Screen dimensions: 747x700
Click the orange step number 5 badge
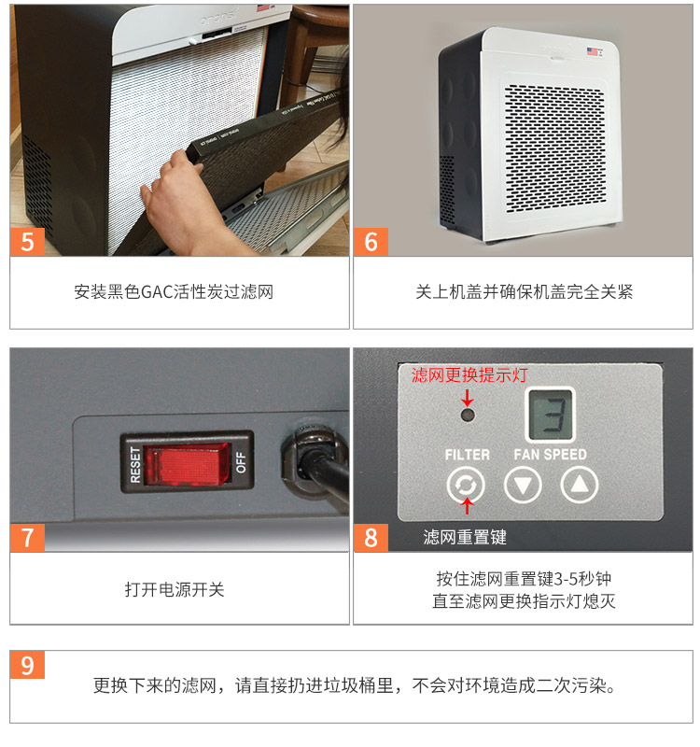point(27,241)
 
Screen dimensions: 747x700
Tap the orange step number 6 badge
point(371,241)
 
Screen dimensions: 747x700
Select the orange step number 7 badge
point(27,538)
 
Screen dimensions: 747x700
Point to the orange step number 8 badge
point(371,538)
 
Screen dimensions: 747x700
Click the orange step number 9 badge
point(27,666)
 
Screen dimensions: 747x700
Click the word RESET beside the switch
point(134,461)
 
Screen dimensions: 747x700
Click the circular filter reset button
point(465,485)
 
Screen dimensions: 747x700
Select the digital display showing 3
point(550,413)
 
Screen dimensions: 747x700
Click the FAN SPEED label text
point(551,455)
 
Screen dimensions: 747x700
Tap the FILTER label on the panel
point(467,455)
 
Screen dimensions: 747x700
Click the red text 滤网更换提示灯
point(469,375)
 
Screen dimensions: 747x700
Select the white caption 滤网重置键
point(464,538)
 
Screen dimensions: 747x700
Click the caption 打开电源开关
point(175,589)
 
